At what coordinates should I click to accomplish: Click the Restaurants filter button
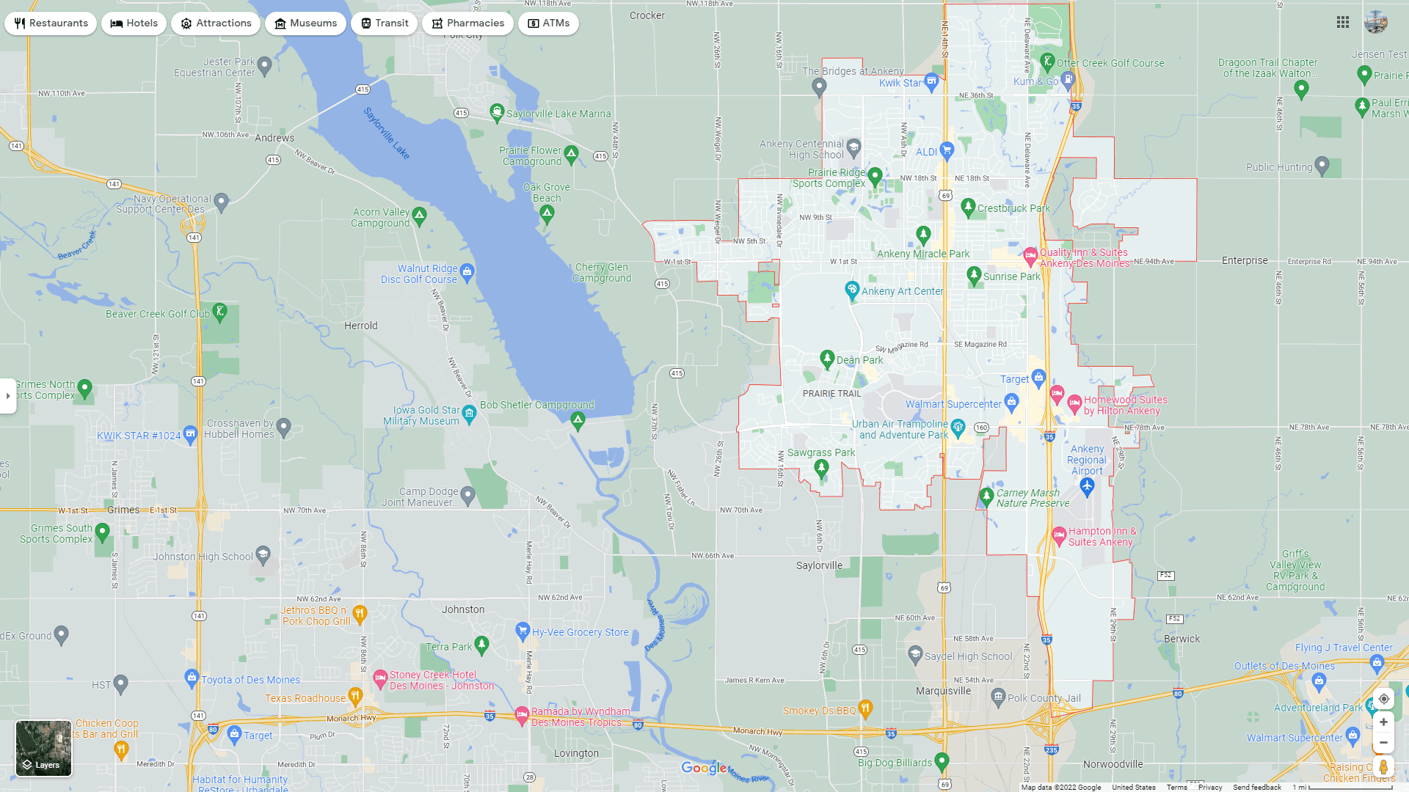(x=51, y=23)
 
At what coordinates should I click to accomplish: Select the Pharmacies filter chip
(x=467, y=23)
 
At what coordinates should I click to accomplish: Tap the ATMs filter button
(x=548, y=23)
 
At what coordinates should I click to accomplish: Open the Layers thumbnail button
(x=44, y=748)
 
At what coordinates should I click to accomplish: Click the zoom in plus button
(x=1383, y=722)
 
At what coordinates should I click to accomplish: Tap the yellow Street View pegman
(x=1383, y=767)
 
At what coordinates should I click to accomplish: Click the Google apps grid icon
(x=1343, y=23)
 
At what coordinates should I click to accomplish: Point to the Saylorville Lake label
(x=386, y=133)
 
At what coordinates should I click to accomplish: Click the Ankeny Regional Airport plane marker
(x=1087, y=485)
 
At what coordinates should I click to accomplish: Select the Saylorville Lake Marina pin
(x=497, y=112)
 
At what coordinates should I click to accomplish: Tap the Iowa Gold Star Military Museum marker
(x=469, y=414)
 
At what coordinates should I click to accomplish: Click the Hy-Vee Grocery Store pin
(x=523, y=630)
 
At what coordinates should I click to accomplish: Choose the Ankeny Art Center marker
(x=852, y=290)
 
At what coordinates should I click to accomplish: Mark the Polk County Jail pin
(x=998, y=696)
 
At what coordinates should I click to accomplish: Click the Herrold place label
(x=361, y=326)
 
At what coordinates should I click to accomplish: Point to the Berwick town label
(x=1182, y=639)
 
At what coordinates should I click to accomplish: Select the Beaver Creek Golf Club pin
(x=219, y=312)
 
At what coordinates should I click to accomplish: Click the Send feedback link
(x=1257, y=787)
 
